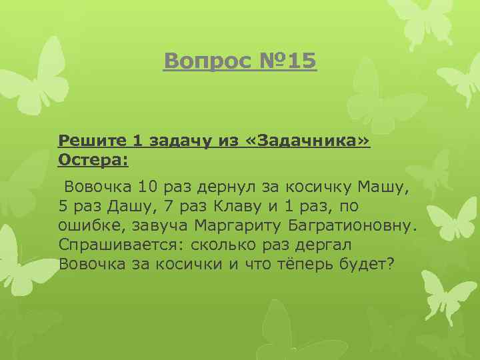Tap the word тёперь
[297, 264]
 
